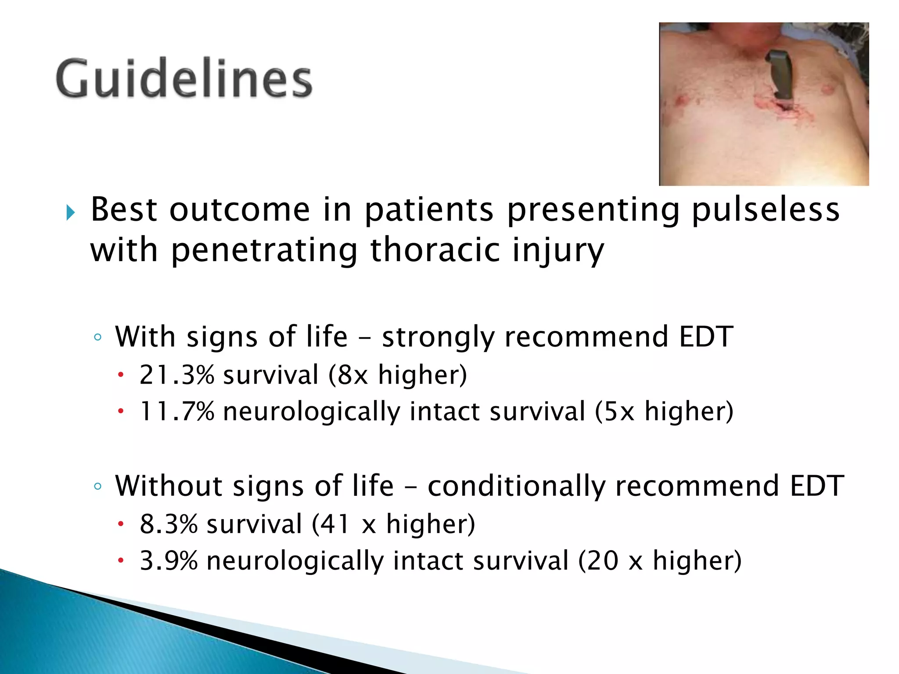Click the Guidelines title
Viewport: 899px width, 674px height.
point(184,79)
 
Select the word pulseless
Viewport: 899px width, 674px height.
point(766,210)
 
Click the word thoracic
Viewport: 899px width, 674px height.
point(435,250)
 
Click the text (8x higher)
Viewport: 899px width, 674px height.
point(398,376)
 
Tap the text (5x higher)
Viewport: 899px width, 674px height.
point(664,412)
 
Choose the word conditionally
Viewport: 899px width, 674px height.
point(516,487)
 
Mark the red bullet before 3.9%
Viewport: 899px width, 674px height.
point(121,560)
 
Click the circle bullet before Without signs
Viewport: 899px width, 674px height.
point(98,486)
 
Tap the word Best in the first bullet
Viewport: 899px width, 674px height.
point(124,210)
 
